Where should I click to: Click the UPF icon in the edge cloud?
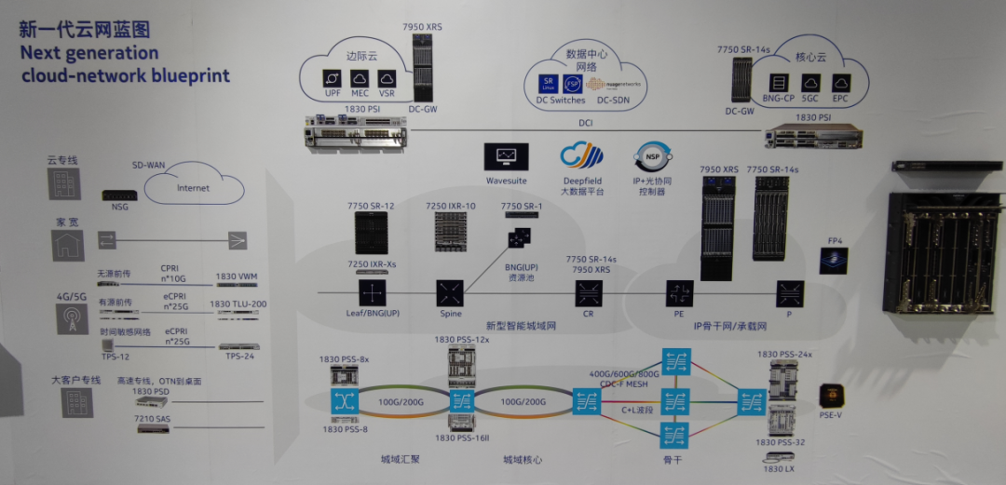click(x=331, y=78)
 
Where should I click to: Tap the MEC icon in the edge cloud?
click(x=360, y=78)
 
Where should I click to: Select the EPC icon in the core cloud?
click(x=840, y=84)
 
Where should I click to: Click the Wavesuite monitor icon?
click(x=506, y=156)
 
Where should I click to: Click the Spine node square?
click(x=451, y=293)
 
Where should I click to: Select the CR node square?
click(x=589, y=294)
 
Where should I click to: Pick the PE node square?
click(x=677, y=294)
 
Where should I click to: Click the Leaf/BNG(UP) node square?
click(x=373, y=293)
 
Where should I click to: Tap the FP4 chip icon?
click(x=834, y=260)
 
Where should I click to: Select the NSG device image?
click(x=120, y=195)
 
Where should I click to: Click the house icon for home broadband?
click(x=67, y=245)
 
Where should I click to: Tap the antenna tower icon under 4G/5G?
click(x=68, y=318)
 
